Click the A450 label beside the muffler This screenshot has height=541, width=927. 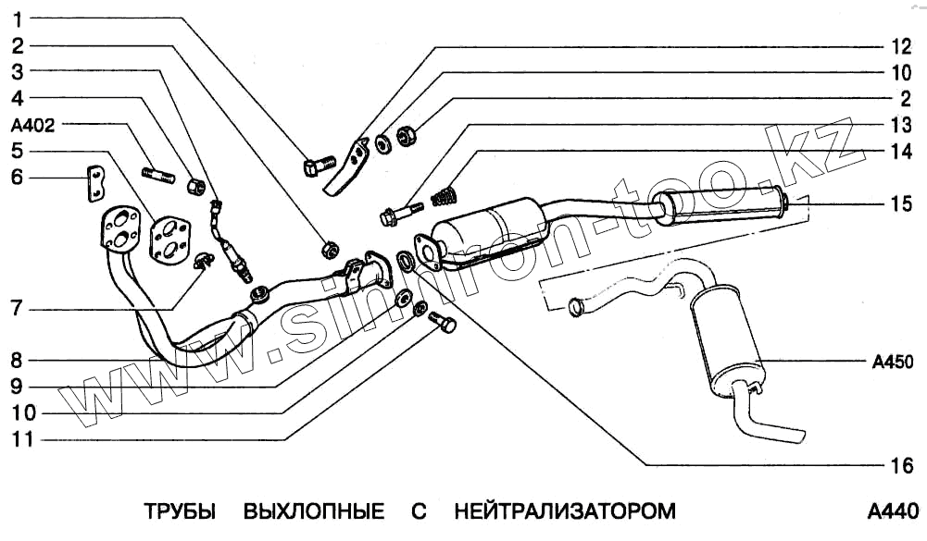[892, 361]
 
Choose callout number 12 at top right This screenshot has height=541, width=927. [901, 44]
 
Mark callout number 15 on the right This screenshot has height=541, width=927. [901, 204]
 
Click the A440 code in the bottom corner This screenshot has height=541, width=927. [892, 511]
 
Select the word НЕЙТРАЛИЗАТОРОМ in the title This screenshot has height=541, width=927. [565, 511]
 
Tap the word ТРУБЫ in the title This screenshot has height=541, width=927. [180, 511]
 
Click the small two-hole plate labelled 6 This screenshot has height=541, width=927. [94, 183]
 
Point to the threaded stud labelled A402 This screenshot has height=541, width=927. [157, 172]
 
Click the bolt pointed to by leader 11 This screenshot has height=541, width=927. [445, 324]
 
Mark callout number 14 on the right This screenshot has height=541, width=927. [901, 152]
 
